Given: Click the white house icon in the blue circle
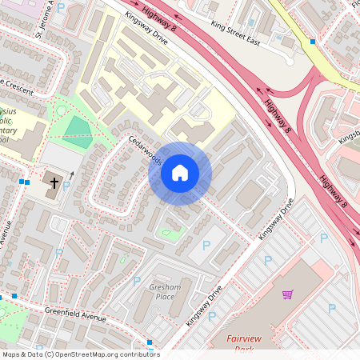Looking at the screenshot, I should [x=180, y=173].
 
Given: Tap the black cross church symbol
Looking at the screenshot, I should [x=55, y=183].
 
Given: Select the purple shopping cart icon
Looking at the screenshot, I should [x=287, y=294].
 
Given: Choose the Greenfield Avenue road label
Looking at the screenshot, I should [x=75, y=314].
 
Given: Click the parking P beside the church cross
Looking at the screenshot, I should [x=66, y=185].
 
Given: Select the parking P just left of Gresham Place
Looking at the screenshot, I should [x=137, y=282].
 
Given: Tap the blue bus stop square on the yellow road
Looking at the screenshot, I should [x=312, y=41].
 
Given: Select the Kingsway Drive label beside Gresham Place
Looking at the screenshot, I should [x=203, y=305].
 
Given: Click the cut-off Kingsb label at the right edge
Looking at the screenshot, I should [x=350, y=138].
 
